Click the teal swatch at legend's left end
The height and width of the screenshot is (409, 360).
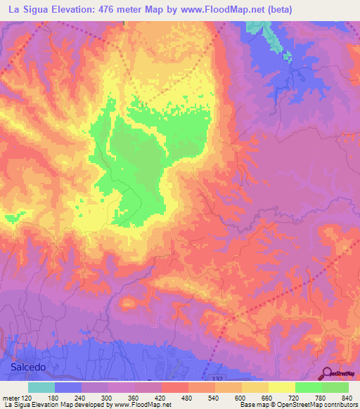pos(41,387)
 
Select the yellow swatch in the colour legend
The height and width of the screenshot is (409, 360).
pos(281,387)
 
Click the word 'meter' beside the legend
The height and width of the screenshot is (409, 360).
pos(9,398)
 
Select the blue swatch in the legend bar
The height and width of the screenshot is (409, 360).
pos(68,387)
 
